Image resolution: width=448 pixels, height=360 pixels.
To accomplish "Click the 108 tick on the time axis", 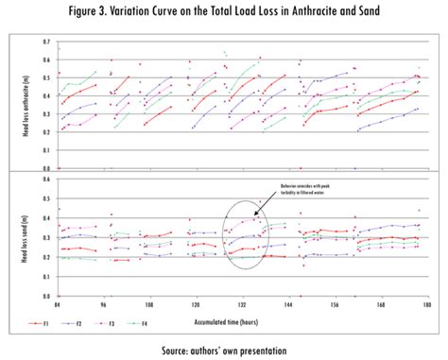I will click(x=148, y=304).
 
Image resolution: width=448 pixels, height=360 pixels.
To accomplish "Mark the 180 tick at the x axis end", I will click(x=427, y=304).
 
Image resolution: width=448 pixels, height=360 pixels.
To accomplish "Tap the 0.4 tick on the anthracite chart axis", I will click(x=47, y=96).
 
